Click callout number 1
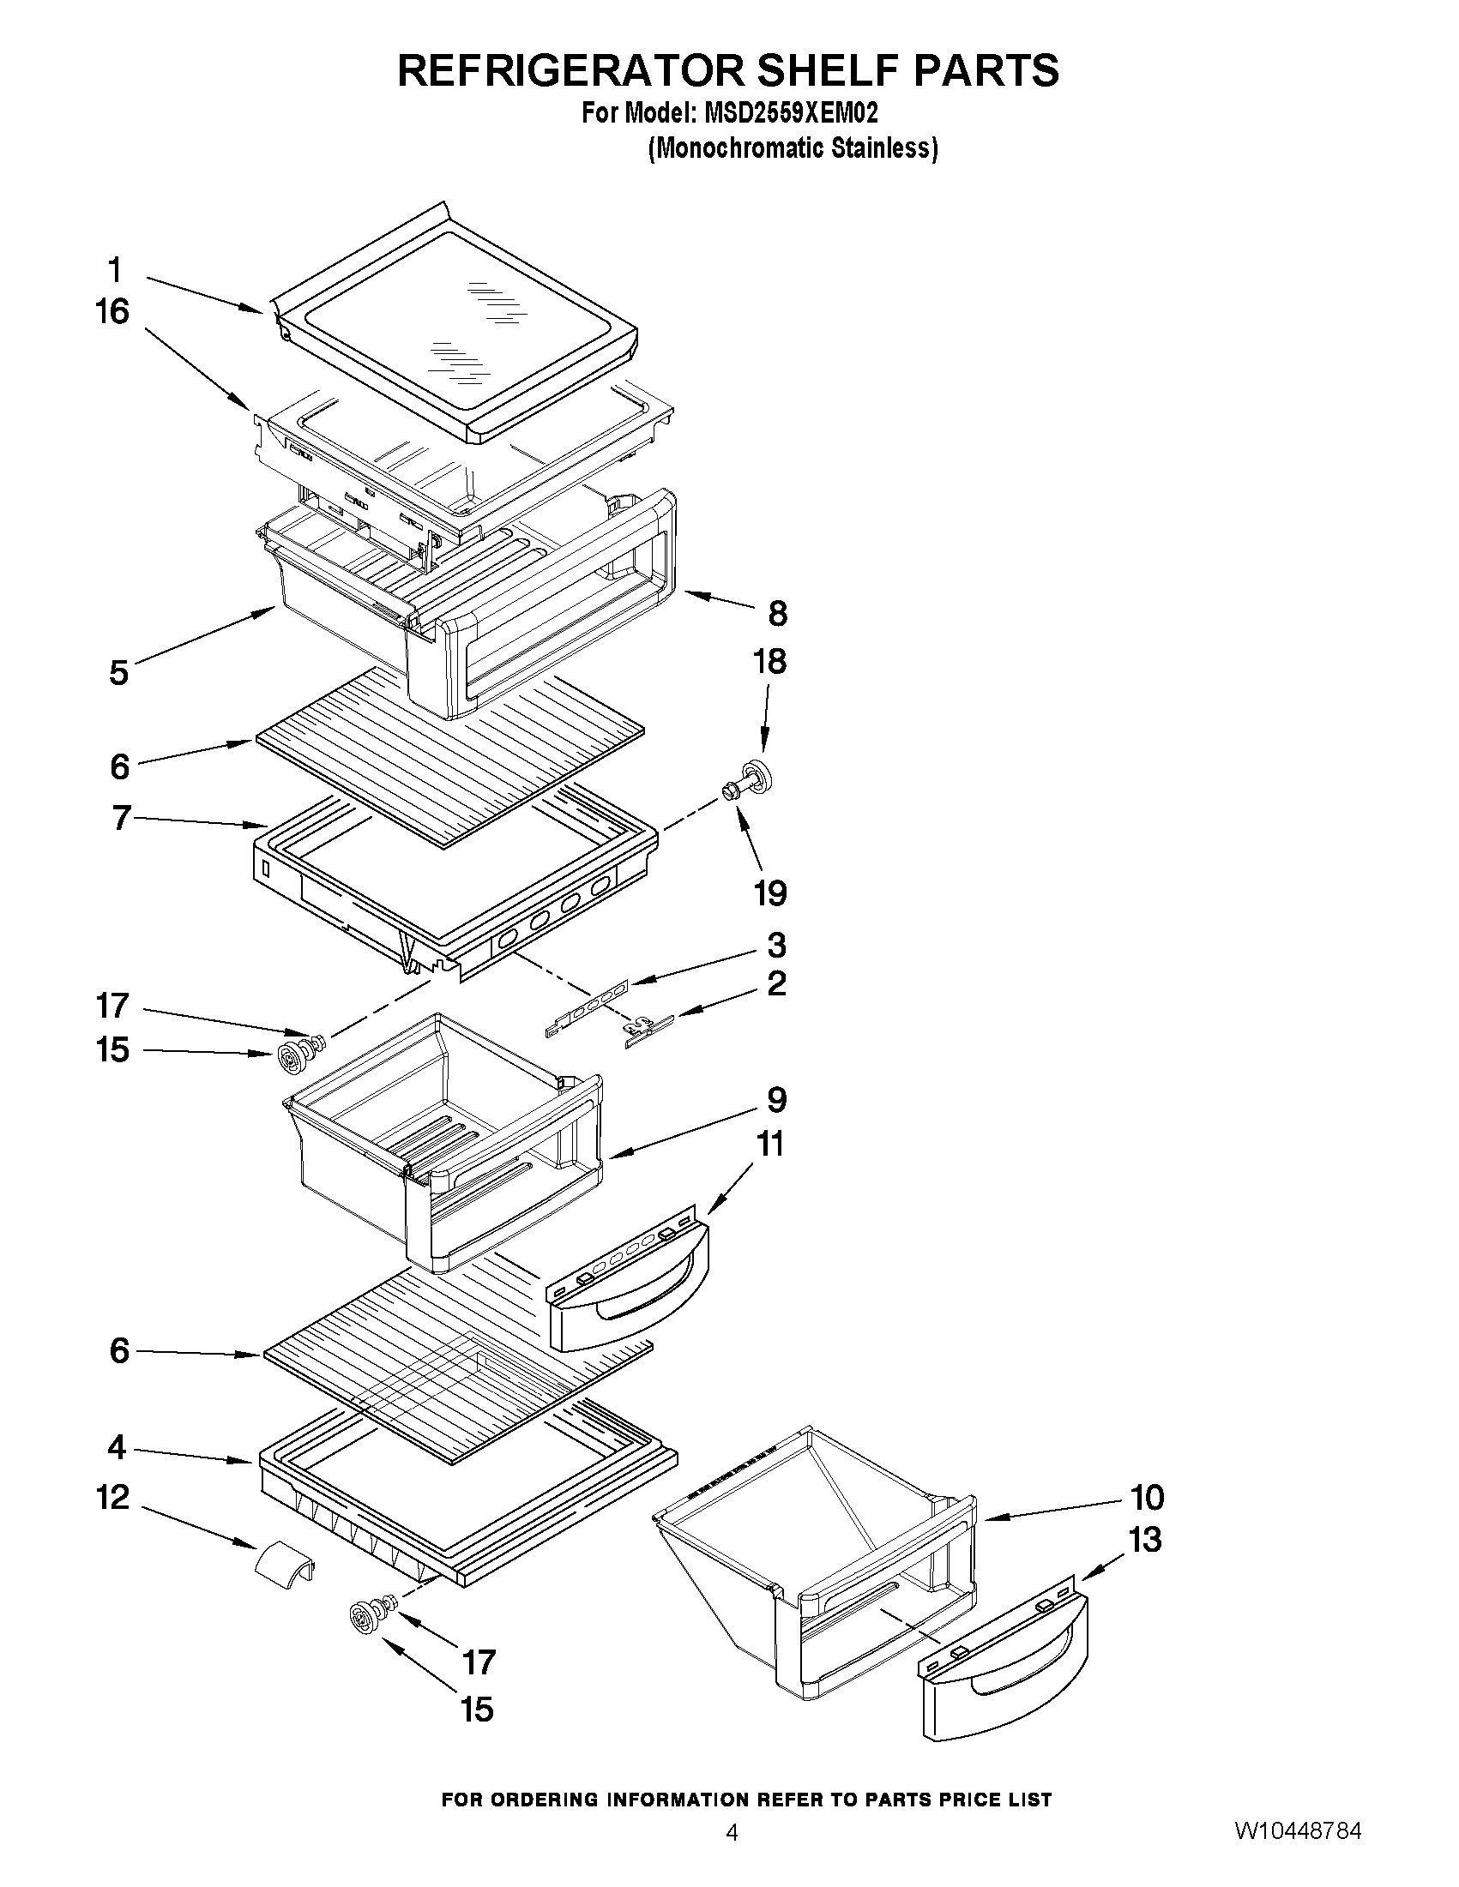click(x=115, y=270)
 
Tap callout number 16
click(x=112, y=312)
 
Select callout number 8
click(x=777, y=615)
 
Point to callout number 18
click(x=769, y=662)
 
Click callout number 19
click(x=770, y=892)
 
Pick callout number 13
click(x=1145, y=1539)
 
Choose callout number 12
click(x=113, y=1497)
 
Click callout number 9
click(x=776, y=1100)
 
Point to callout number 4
click(x=117, y=1447)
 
